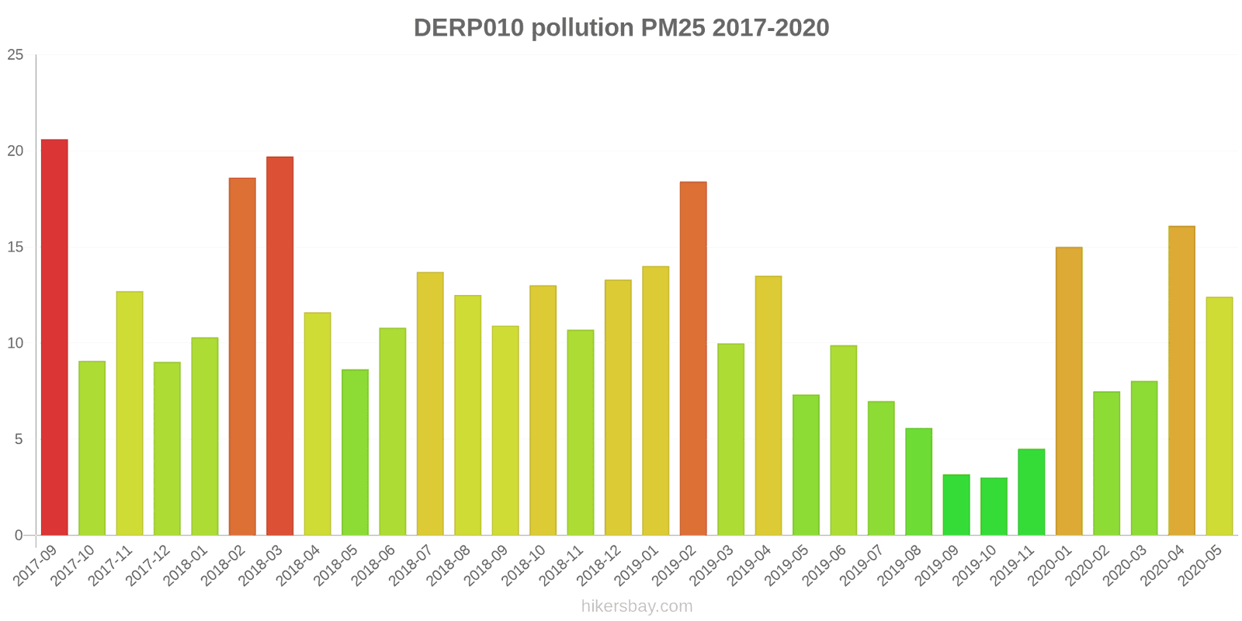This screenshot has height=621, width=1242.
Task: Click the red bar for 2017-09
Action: [x=54, y=338]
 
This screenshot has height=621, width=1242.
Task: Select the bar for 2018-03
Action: [x=279, y=346]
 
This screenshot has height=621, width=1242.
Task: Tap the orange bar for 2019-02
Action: [x=693, y=359]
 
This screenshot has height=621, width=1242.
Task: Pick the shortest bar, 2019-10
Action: [x=994, y=507]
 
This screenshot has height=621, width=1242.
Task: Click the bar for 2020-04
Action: [x=1181, y=381]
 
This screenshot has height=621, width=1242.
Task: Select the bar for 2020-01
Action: [x=1069, y=391]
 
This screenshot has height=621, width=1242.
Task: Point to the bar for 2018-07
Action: [x=430, y=404]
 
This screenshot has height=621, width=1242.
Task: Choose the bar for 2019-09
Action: [x=956, y=505]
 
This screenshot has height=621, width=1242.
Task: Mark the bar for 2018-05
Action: [x=355, y=453]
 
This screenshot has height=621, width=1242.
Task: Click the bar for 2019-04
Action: [x=768, y=406]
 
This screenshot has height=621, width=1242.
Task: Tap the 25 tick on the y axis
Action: [x=16, y=55]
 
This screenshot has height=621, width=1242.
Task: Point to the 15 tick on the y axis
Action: [x=16, y=248]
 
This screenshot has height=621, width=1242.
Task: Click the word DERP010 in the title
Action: [x=469, y=28]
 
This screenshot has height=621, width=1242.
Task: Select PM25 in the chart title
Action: [x=672, y=28]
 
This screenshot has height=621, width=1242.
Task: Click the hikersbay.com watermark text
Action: [x=637, y=606]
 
